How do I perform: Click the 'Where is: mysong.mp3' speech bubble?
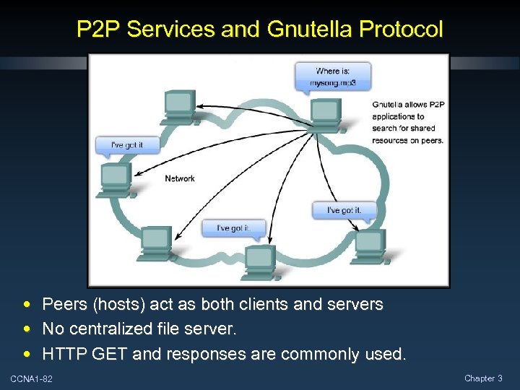coord(333,76)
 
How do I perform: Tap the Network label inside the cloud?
coord(180,178)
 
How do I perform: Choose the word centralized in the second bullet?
coord(110,329)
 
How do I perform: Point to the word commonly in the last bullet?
coord(312,354)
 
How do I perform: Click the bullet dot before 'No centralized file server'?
coord(27,329)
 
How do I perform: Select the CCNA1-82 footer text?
coord(31,379)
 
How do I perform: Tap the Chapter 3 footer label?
coord(483,378)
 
